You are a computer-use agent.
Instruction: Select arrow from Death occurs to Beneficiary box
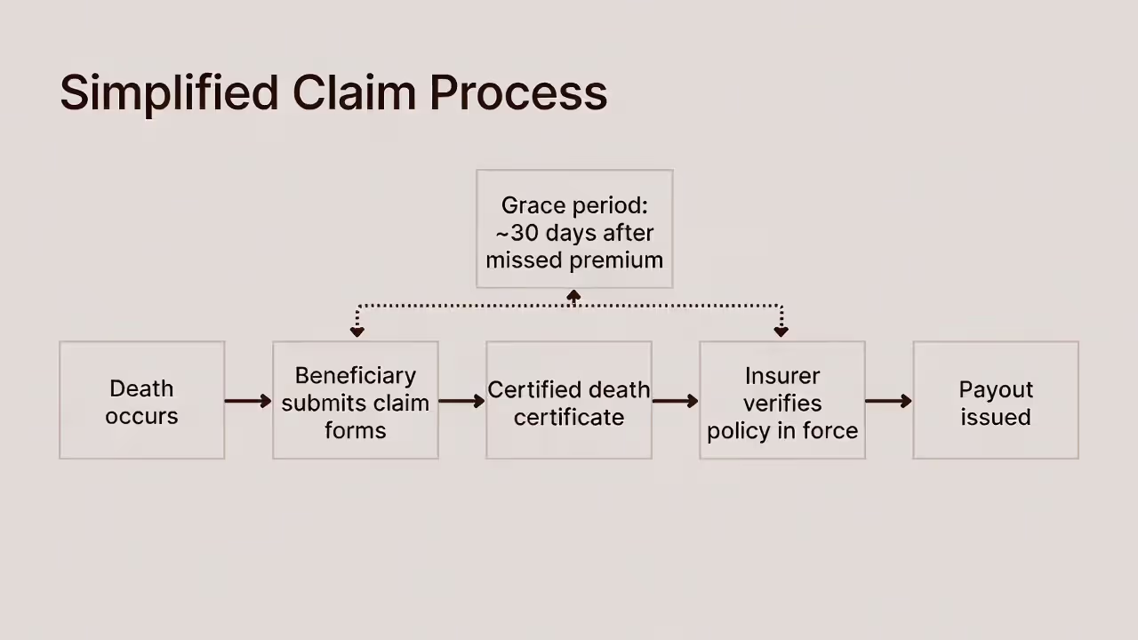point(248,401)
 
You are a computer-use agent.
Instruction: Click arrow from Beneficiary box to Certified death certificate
point(461,401)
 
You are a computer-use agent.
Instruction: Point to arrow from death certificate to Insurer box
point(675,401)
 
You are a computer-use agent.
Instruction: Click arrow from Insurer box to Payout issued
point(888,401)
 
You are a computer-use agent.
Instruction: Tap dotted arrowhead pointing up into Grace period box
point(574,296)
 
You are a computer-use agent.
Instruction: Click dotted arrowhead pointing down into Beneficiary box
point(357,332)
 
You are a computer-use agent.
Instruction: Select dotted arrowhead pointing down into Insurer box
point(781,332)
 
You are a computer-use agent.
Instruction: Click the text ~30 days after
point(574,233)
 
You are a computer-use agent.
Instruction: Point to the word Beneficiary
point(355,375)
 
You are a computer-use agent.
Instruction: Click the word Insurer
point(782,375)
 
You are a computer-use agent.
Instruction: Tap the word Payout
point(996,389)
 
